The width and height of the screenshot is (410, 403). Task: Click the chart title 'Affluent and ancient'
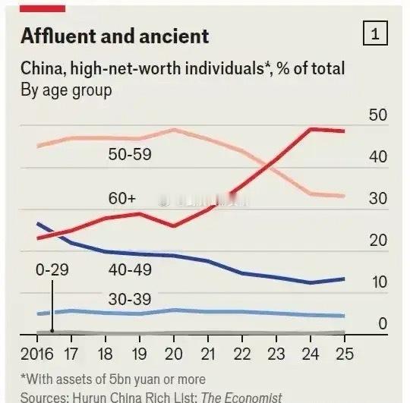(114, 36)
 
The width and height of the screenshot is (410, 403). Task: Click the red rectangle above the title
(43, 7)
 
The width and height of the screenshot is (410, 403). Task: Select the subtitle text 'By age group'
(66, 90)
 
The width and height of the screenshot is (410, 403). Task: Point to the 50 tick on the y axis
(377, 115)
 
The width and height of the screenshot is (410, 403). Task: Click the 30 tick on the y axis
(377, 199)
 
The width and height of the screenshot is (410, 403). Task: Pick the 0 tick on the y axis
(383, 324)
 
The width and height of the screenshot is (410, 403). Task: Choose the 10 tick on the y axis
(377, 282)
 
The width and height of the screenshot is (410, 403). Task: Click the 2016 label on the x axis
(36, 354)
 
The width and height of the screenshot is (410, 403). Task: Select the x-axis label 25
(345, 354)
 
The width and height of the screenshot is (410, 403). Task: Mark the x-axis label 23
(277, 354)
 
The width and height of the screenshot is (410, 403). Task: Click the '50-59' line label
(130, 155)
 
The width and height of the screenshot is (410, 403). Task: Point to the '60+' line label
(121, 199)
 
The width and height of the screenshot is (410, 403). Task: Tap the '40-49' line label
(130, 269)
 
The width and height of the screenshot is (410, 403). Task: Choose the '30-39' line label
(130, 299)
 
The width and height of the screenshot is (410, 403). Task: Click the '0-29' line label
(52, 269)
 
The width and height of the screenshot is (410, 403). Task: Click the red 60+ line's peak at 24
(311, 129)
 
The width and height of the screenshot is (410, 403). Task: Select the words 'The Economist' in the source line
(241, 397)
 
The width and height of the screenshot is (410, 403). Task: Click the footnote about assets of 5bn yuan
(112, 379)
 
